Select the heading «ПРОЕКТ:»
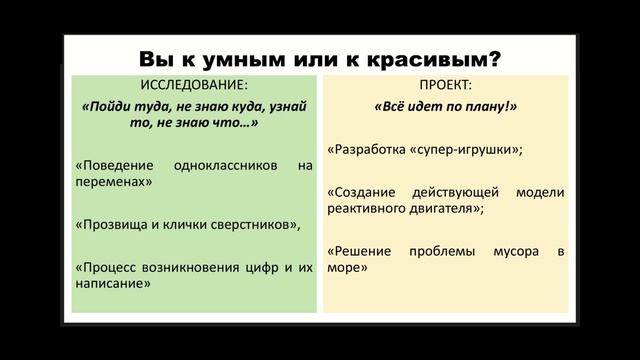pyautogui.click(x=445, y=84)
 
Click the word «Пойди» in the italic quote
pyautogui.click(x=109, y=104)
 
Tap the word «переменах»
pyautogui.click(x=113, y=182)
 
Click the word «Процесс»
pyautogui.click(x=105, y=267)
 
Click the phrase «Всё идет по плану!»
pyautogui.click(x=445, y=104)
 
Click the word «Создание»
pyautogui.click(x=362, y=192)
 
